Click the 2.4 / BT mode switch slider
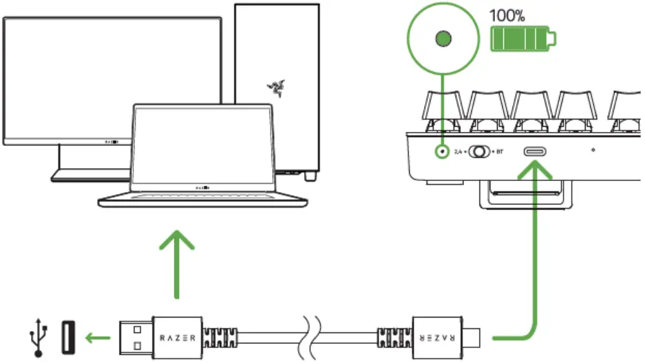(x=479, y=152)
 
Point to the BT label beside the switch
(x=500, y=153)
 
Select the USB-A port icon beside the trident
(x=69, y=337)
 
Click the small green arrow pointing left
(x=99, y=337)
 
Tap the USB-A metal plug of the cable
(x=136, y=337)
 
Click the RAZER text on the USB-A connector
(x=178, y=337)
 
